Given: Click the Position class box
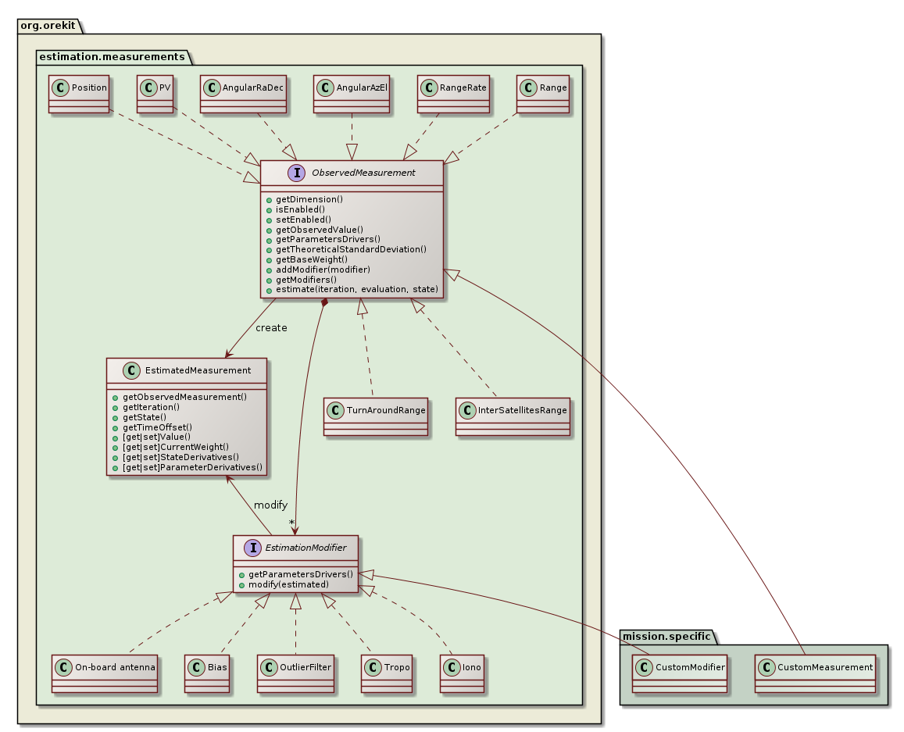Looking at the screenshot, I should [x=79, y=94].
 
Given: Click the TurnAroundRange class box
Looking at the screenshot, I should [x=376, y=416].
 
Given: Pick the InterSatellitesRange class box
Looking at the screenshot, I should [x=513, y=416].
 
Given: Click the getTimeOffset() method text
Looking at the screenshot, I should [x=157, y=427].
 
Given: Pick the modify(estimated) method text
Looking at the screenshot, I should [x=283, y=584].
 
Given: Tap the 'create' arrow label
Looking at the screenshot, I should [x=271, y=327].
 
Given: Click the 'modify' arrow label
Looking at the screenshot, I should [x=270, y=505].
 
